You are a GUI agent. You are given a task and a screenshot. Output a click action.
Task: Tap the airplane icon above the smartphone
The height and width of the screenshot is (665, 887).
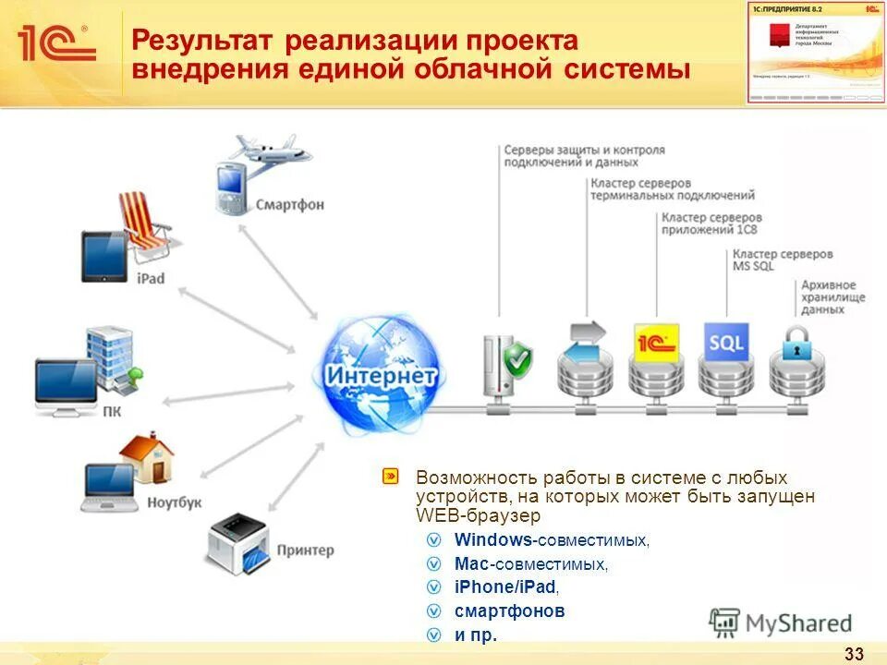(x=270, y=150)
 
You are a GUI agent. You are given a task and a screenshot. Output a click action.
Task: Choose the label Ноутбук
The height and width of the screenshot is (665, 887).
(x=174, y=503)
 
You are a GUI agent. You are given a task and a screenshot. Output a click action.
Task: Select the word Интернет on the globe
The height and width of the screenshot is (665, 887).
(x=380, y=377)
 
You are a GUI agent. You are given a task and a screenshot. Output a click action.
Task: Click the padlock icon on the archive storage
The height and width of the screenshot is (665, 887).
(x=796, y=346)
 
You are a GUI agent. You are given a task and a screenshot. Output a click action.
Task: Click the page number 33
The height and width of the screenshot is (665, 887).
(x=854, y=654)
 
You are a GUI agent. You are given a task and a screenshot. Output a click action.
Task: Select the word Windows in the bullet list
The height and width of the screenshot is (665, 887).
(x=492, y=539)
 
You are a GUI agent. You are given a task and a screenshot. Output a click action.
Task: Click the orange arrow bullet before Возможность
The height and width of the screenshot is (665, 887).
(x=391, y=478)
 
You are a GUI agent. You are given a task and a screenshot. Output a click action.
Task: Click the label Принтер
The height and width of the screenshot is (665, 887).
(x=305, y=550)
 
